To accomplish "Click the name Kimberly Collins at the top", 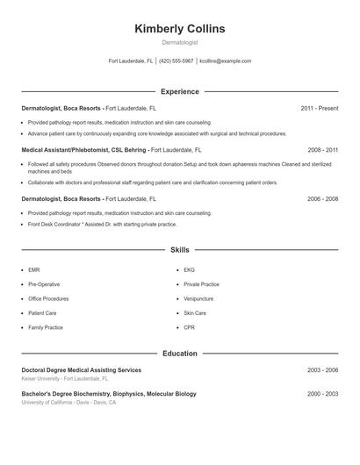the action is coord(180,29).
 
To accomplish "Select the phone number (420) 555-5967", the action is coord(176,61).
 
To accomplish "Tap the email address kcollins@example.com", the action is coord(226,61).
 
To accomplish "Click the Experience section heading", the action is coord(180,91).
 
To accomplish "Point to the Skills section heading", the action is coord(180,250).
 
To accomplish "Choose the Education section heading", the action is coord(180,354).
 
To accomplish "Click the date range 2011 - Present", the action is coord(319,108).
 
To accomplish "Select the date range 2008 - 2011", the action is coord(322,150).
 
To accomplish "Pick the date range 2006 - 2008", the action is coord(322,199).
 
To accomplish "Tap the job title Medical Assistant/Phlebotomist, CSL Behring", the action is coord(84,150).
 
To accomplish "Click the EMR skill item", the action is coord(34,270).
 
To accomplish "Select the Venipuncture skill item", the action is coord(198,298).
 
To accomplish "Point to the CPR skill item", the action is coord(189,327).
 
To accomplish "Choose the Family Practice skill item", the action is coord(46,327).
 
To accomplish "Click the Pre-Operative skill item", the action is coord(44,284).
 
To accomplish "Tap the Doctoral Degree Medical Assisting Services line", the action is coord(81,370).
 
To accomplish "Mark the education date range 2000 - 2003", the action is coord(322,394).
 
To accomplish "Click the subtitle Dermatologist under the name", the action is coord(180,42).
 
